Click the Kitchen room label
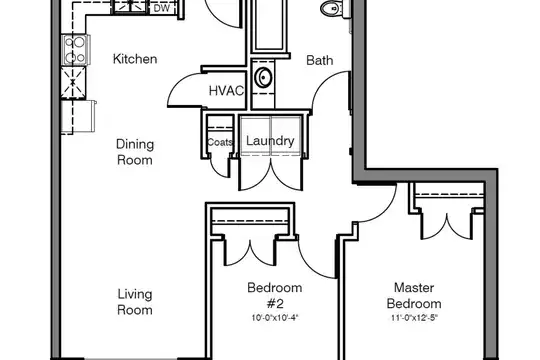[x=135, y=59]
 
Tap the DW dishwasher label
[x=162, y=8]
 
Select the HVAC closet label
[x=226, y=91]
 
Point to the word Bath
[x=320, y=60]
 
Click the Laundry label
[x=270, y=141]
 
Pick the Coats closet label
[x=220, y=142]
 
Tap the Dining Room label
[x=135, y=152]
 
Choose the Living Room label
[x=135, y=302]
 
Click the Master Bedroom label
[x=414, y=295]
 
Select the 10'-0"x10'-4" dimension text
[x=275, y=318]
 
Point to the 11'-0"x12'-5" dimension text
[x=414, y=318]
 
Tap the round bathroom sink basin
[x=263, y=77]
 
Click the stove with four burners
[x=76, y=50]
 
